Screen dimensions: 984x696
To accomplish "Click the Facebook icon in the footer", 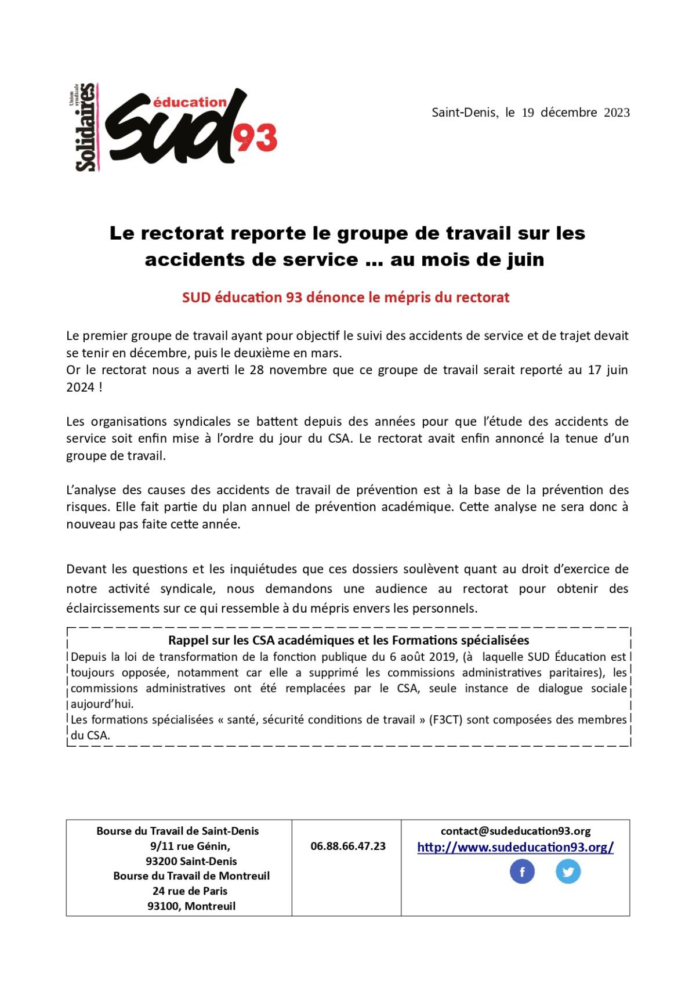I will tap(522, 871).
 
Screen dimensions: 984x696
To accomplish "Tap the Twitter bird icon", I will tap(568, 871).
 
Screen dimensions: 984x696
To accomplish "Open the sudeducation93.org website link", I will tap(515, 847).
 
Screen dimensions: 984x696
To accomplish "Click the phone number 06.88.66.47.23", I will tap(348, 846).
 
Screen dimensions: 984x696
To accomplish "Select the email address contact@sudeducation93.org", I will tap(516, 831).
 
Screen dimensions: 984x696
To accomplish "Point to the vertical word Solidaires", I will tap(85, 128).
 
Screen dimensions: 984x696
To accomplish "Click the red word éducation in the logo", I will tap(190, 103).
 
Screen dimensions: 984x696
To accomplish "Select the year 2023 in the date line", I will tap(617, 113).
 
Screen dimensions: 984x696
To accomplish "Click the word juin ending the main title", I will tap(525, 259).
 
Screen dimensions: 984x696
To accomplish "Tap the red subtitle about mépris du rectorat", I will tap(346, 298).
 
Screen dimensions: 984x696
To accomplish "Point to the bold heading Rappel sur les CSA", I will tap(349, 641).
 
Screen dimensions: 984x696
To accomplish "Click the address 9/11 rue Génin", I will tap(190, 846).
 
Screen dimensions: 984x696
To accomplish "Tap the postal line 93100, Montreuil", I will tap(191, 906).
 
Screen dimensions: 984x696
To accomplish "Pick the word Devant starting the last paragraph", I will tap(86, 569).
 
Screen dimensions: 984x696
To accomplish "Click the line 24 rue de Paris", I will tap(190, 891).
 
